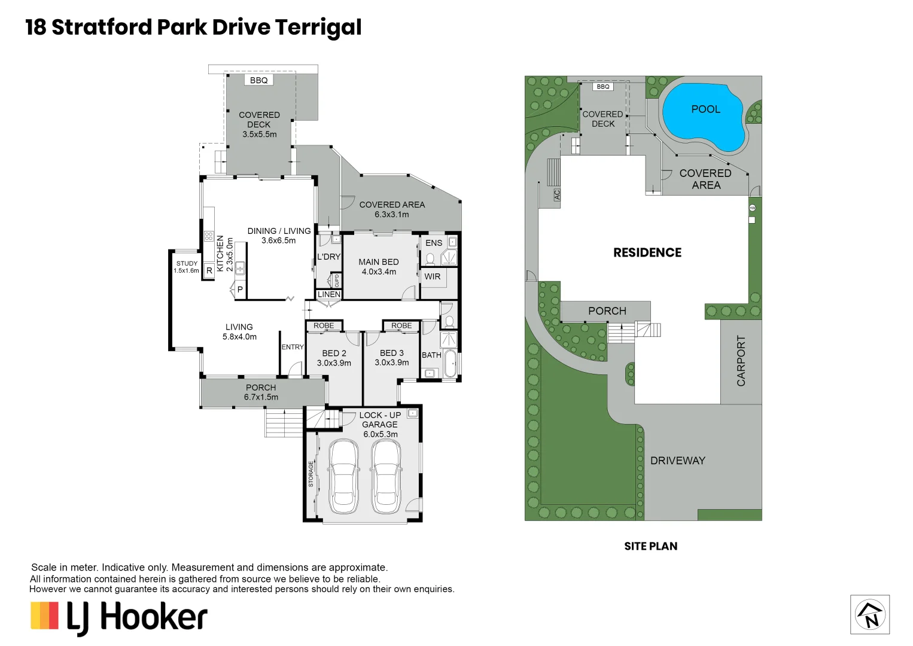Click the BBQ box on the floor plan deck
coord(258,80)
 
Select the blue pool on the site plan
coord(703,117)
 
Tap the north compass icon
coord(870,614)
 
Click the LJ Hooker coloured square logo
coord(45,615)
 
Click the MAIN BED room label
coord(378,262)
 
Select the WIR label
coord(432,276)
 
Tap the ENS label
coord(434,243)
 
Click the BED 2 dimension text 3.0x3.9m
coord(334,363)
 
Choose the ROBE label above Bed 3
coord(401,326)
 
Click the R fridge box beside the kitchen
coord(209,271)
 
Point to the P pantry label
coord(240,290)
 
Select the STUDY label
coord(187,263)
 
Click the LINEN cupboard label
coord(328,294)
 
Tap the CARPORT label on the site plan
coord(741,361)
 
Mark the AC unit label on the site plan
coord(557,195)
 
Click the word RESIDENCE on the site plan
coord(647,252)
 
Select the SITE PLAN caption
coord(650,546)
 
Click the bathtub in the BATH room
coord(450,364)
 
